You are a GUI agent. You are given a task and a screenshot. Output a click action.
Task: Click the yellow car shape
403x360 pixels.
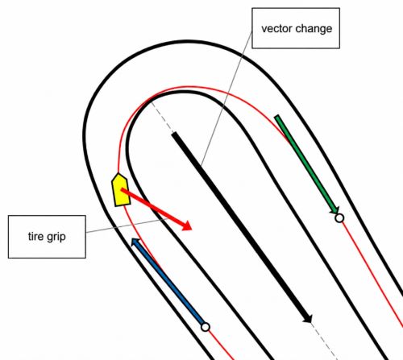(x=121, y=190)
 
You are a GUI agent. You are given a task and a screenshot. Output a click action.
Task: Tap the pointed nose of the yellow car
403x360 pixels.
(x=118, y=174)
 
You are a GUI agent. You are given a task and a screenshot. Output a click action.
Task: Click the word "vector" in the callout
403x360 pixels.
(x=273, y=28)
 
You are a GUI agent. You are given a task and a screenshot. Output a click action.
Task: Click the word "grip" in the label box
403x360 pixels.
(x=56, y=238)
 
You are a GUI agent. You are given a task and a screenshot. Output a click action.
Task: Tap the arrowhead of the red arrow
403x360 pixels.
(x=187, y=226)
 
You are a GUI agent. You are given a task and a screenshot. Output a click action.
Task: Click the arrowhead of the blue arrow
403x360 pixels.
(x=135, y=242)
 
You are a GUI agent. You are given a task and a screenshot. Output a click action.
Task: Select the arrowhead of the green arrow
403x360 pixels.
(x=335, y=210)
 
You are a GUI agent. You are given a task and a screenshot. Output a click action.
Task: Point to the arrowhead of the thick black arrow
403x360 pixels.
(x=308, y=318)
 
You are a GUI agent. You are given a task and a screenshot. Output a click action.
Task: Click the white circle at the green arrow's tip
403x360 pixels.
(x=339, y=218)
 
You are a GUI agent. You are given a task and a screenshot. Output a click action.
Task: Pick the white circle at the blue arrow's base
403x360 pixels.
(x=206, y=327)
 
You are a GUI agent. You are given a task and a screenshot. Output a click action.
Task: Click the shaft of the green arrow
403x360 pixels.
(x=305, y=163)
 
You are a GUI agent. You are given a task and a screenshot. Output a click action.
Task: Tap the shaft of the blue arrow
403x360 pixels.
(x=170, y=283)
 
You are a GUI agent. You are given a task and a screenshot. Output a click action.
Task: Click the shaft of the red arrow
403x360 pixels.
(x=152, y=207)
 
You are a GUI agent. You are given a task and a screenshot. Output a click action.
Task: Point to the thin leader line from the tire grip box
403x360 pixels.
(x=127, y=226)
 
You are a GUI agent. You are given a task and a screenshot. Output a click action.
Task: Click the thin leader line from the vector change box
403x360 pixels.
(x=226, y=97)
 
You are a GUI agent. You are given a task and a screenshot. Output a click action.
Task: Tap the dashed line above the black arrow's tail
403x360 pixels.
(x=162, y=117)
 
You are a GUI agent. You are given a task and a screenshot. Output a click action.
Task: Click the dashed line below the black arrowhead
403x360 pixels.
(x=325, y=341)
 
